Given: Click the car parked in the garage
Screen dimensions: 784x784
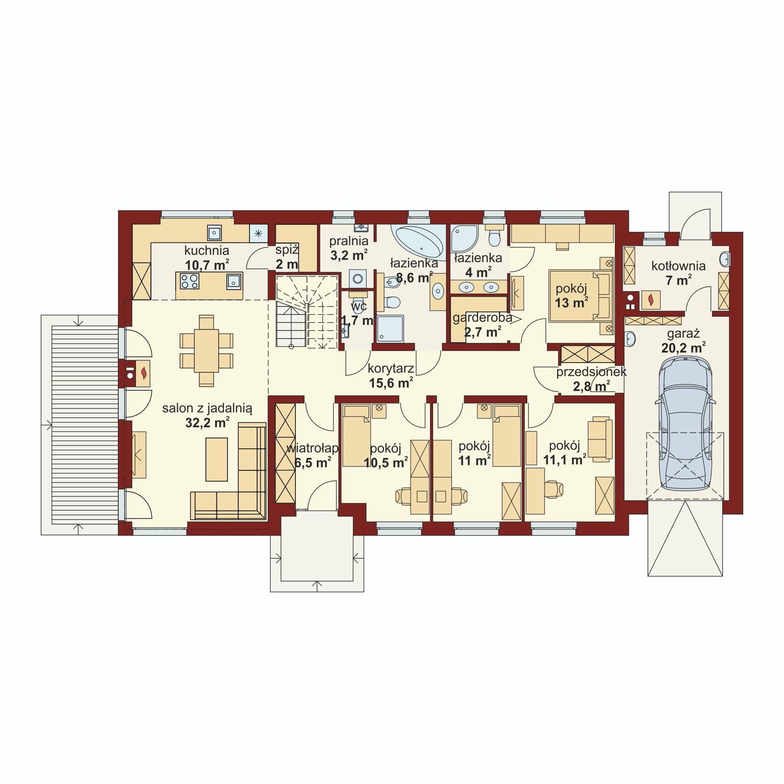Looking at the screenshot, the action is point(685,423).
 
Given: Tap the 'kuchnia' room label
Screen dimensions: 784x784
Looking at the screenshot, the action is point(207,250).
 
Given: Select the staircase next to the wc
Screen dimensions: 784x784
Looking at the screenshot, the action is point(307,312).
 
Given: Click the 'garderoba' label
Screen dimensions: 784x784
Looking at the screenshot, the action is point(482,318).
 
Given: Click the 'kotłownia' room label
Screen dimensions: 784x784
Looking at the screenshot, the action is point(678,266).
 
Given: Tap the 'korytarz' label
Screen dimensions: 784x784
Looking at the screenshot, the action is point(391,368).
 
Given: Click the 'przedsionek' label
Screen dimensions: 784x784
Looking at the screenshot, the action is point(591,372).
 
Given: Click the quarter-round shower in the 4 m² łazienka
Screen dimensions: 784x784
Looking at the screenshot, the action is point(463,238).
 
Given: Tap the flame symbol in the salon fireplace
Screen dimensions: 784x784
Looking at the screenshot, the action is point(144,373).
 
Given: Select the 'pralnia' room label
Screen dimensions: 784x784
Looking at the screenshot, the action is point(348,241).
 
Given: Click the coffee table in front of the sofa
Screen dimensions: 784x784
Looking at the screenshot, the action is point(217,459).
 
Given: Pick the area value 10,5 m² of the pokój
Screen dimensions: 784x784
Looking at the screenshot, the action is point(386,462).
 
